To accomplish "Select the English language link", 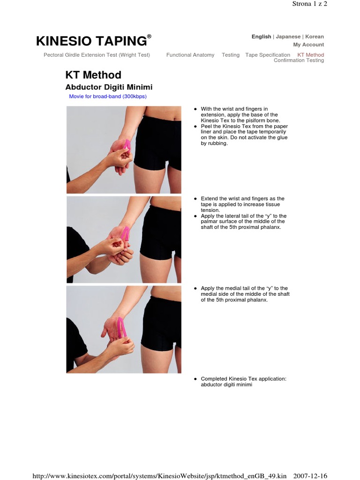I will tap(261, 37).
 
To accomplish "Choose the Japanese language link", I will tap(288, 37).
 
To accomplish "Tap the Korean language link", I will tap(315, 37).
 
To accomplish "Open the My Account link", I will tap(308, 45).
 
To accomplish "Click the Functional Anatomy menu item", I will tap(190, 55).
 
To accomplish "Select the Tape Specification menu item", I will tap(268, 55).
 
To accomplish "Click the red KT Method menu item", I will tap(311, 55).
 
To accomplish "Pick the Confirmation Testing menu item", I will tap(299, 60).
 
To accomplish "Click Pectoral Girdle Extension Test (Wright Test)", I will tap(97, 55).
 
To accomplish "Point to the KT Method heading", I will tap(93, 75).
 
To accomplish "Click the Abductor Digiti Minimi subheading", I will tap(108, 87).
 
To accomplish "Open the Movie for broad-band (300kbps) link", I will tap(108, 97).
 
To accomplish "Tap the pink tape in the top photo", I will tap(127, 146).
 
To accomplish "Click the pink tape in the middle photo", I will tap(125, 233).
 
